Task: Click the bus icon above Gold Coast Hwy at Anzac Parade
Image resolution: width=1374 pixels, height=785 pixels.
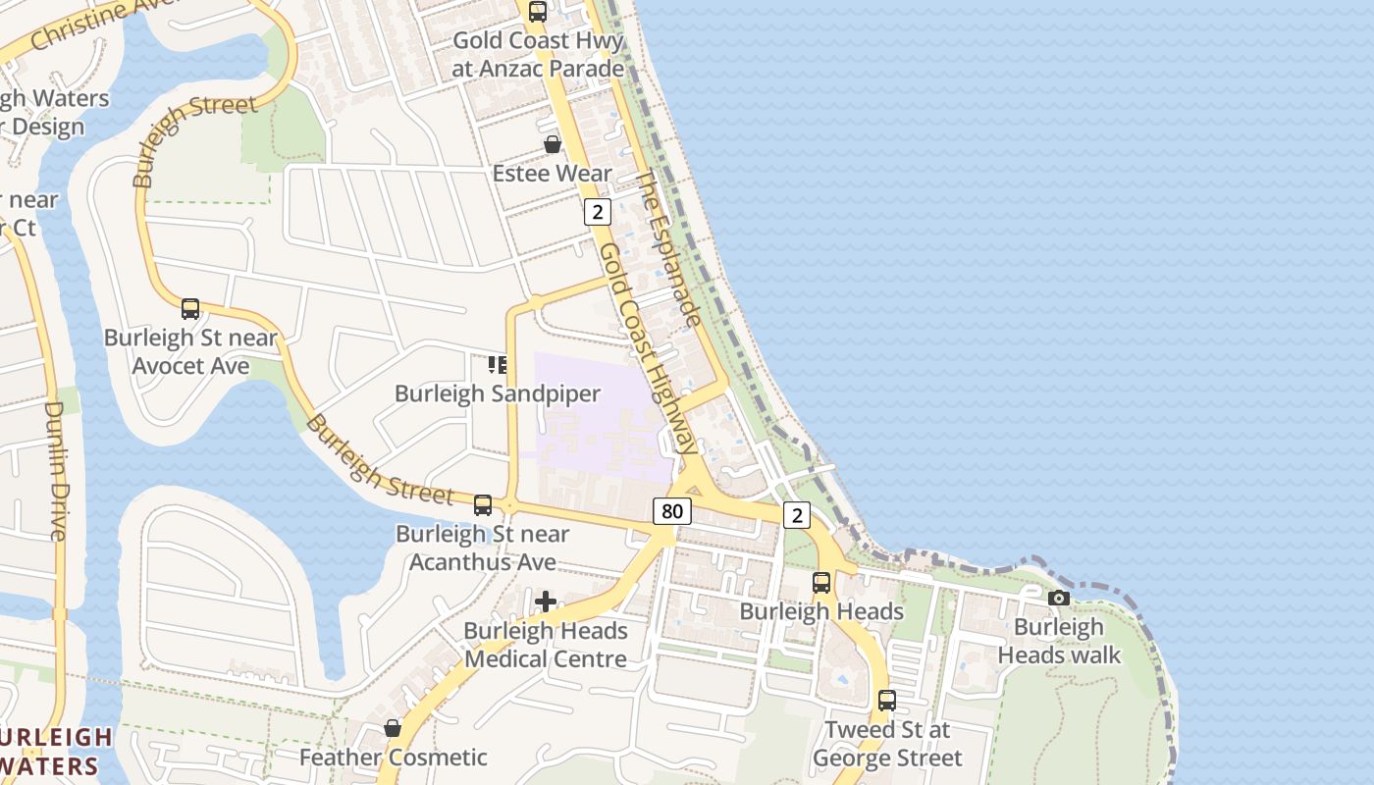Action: click(x=538, y=12)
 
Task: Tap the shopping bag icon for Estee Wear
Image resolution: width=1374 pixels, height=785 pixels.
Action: click(x=553, y=144)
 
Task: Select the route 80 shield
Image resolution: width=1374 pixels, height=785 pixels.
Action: click(x=671, y=511)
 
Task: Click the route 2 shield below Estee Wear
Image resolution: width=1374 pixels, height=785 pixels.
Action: click(x=597, y=212)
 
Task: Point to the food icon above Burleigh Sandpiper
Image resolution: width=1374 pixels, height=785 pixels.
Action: click(x=498, y=365)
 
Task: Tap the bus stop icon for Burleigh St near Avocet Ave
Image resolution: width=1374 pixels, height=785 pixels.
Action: click(x=190, y=309)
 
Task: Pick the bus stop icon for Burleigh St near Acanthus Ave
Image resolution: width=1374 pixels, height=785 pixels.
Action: click(x=483, y=505)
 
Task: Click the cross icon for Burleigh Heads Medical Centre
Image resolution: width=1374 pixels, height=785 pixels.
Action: click(x=546, y=601)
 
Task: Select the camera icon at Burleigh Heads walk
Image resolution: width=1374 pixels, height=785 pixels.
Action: click(x=1059, y=598)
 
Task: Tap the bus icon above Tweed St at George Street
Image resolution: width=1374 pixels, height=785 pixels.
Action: click(x=887, y=701)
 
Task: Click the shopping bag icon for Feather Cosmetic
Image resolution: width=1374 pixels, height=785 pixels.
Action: click(x=393, y=728)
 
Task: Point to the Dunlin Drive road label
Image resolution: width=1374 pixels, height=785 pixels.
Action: click(x=56, y=470)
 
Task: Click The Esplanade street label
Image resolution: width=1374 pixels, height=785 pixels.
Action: click(x=668, y=249)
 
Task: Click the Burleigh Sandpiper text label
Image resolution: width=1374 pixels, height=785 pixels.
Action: click(x=498, y=393)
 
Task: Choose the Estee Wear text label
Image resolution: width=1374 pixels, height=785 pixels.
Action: click(x=553, y=174)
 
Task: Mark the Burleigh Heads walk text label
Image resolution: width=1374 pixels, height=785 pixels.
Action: click(x=1059, y=641)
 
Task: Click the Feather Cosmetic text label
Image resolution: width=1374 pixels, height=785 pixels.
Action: click(x=393, y=758)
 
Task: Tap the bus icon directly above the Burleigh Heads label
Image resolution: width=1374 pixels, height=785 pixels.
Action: click(x=821, y=583)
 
